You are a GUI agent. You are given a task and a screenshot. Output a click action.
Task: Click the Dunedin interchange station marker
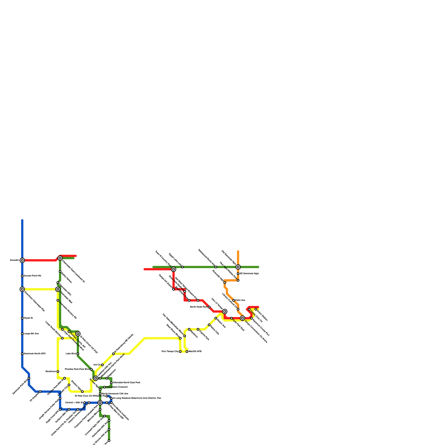coord(22,260)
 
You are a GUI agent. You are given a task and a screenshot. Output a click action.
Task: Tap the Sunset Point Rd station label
coord(33,276)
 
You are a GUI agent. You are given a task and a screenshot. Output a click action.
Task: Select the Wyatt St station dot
coord(22,318)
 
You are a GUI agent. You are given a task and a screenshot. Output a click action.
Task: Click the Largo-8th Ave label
coord(31,334)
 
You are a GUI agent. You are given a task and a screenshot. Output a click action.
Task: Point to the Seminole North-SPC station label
coord(35,354)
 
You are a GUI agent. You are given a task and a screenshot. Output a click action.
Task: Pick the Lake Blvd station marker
coord(78,354)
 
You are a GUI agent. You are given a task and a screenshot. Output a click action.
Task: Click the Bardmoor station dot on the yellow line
coord(58,372)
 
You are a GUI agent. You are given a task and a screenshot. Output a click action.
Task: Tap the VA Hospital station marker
coord(40,392)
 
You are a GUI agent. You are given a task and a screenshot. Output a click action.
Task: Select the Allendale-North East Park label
coord(127,383)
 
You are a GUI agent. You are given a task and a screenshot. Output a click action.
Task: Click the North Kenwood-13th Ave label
coord(115,394)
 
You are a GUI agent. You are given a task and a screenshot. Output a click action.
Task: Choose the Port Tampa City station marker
coord(180,352)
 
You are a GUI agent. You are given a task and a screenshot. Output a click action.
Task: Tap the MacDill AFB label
coord(195,352)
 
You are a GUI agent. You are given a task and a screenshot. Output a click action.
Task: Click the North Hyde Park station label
coord(199,307)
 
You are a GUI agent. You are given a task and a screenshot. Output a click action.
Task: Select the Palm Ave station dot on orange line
coord(234,300)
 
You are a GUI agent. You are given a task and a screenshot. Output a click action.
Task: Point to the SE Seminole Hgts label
coord(249,274)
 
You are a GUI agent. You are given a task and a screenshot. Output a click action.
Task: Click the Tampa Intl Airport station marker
coord(174,289)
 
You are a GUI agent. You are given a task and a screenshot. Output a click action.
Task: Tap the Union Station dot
coord(256,309)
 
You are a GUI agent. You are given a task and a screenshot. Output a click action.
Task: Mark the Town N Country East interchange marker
coord(174,269)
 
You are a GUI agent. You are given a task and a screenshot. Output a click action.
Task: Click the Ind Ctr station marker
coord(102,365)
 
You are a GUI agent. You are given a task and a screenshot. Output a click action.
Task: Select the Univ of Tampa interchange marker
coord(225,311)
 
